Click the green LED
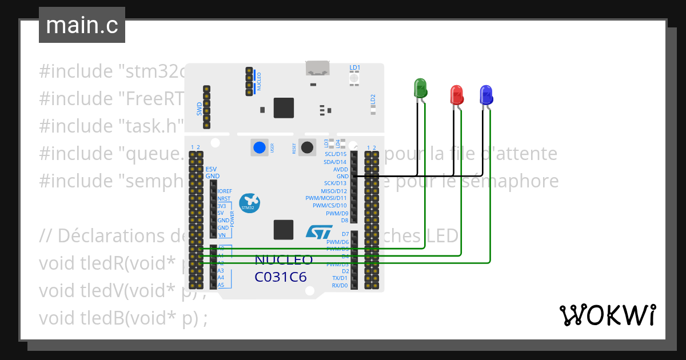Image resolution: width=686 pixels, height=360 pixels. pyautogui.click(x=421, y=89)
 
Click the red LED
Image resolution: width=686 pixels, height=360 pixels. pyautogui.click(x=457, y=95)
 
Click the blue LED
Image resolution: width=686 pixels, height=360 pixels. pyautogui.click(x=486, y=95)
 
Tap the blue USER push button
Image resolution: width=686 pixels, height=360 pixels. pyautogui.click(x=260, y=147)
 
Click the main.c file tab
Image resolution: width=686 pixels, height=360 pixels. pyautogui.click(x=81, y=26)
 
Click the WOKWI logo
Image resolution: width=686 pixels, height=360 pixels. pyautogui.click(x=607, y=315)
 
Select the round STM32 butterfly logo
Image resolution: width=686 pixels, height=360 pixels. pyautogui.click(x=250, y=202)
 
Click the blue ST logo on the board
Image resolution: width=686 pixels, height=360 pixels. pyautogui.click(x=318, y=231)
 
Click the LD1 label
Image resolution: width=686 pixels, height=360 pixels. pyautogui.click(x=354, y=67)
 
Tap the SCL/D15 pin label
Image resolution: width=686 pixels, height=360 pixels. pyautogui.click(x=336, y=154)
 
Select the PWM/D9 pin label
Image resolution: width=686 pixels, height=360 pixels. pyautogui.click(x=337, y=213)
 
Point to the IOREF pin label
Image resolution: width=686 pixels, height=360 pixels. pyautogui.click(x=225, y=191)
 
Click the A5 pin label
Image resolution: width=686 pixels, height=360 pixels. pyautogui.click(x=221, y=285)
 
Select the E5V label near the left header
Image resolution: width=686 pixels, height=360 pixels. pyautogui.click(x=212, y=170)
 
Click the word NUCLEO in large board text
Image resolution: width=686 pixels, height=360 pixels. pyautogui.click(x=284, y=260)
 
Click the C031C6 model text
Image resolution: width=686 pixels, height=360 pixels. pyautogui.click(x=281, y=277)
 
